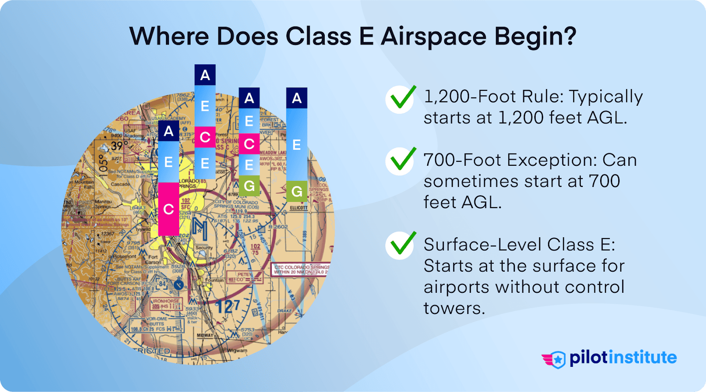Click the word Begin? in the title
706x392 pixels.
pyautogui.click(x=535, y=36)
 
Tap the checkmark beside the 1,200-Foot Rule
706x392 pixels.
pyautogui.click(x=400, y=99)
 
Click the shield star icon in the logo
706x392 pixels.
pyautogui.click(x=558, y=359)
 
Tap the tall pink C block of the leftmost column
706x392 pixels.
pyautogui.click(x=169, y=209)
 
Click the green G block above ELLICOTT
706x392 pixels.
pyautogui.click(x=297, y=191)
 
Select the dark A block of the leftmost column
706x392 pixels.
pyautogui.click(x=169, y=131)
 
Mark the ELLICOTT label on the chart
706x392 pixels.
pyautogui.click(x=298, y=208)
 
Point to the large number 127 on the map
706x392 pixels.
pyautogui.click(x=228, y=306)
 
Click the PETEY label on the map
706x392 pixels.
pyautogui.click(x=244, y=274)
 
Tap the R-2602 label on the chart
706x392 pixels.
pyautogui.click(x=278, y=227)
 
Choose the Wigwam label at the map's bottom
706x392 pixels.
pyautogui.click(x=237, y=351)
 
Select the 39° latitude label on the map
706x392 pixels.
pyautogui.click(x=117, y=146)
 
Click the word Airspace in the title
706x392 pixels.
pyautogui.click(x=434, y=36)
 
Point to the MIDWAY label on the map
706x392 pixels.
pyautogui.click(x=205, y=336)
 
